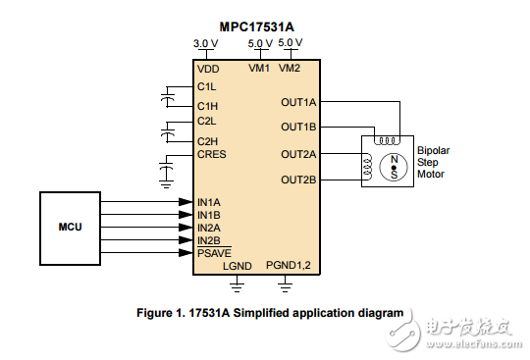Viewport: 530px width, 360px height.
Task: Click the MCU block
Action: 70,227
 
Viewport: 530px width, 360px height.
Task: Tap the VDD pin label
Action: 208,69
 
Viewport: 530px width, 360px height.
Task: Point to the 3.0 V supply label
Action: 207,43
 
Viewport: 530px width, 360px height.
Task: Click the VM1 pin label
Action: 259,69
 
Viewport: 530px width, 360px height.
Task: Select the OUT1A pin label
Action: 298,101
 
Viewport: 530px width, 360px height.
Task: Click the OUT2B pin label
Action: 298,180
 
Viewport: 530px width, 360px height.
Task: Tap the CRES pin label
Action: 212,154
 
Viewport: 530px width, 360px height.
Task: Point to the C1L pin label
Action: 207,86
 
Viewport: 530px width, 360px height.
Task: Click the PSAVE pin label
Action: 214,252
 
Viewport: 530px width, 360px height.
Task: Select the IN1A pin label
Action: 208,202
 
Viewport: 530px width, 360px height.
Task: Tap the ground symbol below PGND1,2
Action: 287,286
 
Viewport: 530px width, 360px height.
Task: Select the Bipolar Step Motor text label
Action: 431,162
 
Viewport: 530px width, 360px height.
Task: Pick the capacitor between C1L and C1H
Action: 169,96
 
